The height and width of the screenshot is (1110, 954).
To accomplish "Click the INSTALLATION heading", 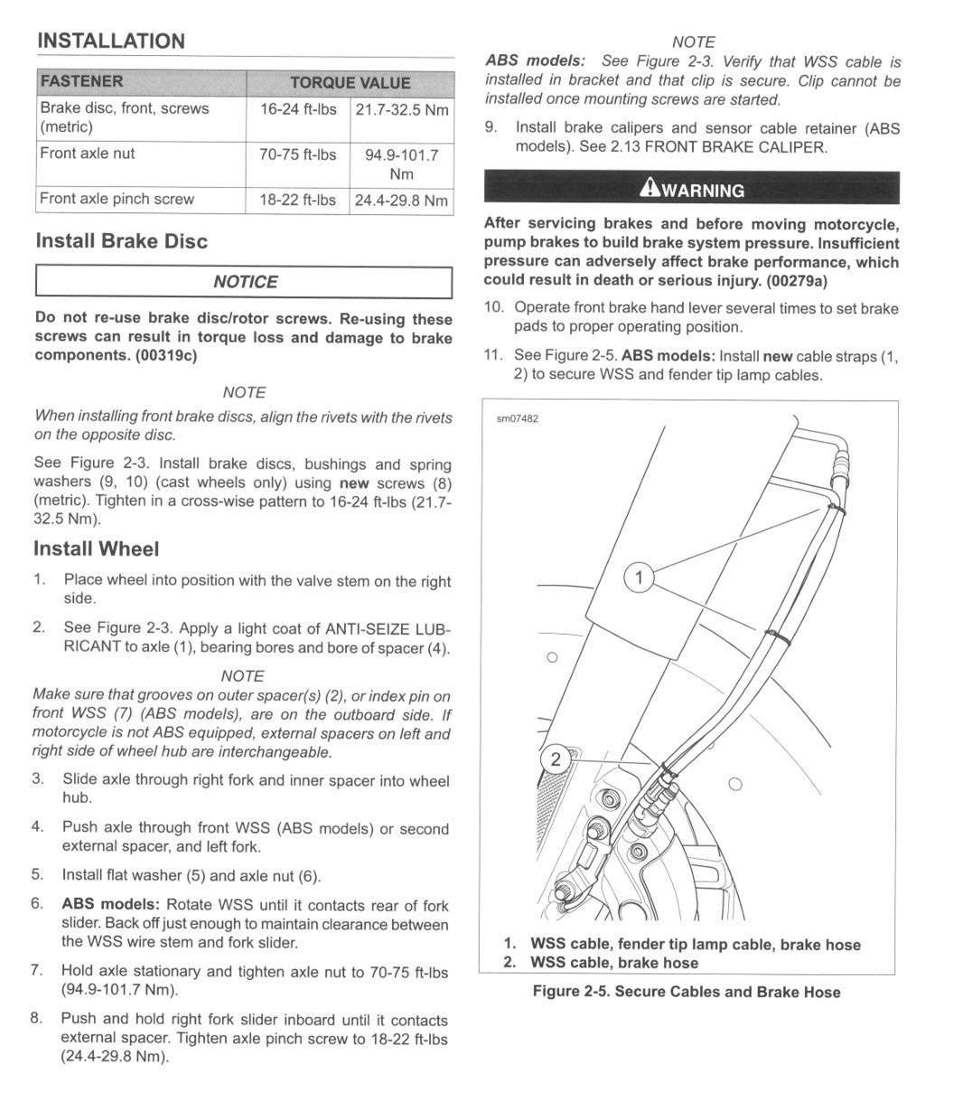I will [x=109, y=41].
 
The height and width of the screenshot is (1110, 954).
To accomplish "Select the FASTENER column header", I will [x=81, y=81].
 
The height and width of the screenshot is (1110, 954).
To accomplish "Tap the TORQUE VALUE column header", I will [x=350, y=83].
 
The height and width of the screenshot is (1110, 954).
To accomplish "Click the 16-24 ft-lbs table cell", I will [x=297, y=108].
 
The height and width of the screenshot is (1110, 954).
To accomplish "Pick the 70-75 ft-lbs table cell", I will [x=297, y=155].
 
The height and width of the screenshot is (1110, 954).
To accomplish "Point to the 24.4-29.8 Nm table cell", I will [x=401, y=200].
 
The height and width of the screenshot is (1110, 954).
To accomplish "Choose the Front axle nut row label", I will [x=87, y=154].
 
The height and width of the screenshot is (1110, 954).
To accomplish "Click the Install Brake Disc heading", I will [x=121, y=241].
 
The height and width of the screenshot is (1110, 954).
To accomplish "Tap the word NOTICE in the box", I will [x=245, y=282].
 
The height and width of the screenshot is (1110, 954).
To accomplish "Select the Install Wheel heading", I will [x=96, y=549].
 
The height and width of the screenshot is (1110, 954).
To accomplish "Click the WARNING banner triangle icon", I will [x=649, y=189].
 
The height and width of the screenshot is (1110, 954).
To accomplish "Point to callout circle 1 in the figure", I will [x=639, y=577].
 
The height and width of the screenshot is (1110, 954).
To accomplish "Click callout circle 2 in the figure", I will [x=556, y=759].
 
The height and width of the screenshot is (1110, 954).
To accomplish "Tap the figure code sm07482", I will [x=517, y=419].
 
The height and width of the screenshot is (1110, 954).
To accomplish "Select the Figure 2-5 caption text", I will [x=686, y=992].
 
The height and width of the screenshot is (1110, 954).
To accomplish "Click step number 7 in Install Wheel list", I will [x=36, y=970].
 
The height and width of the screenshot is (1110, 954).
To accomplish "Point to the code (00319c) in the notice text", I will [x=166, y=355].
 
